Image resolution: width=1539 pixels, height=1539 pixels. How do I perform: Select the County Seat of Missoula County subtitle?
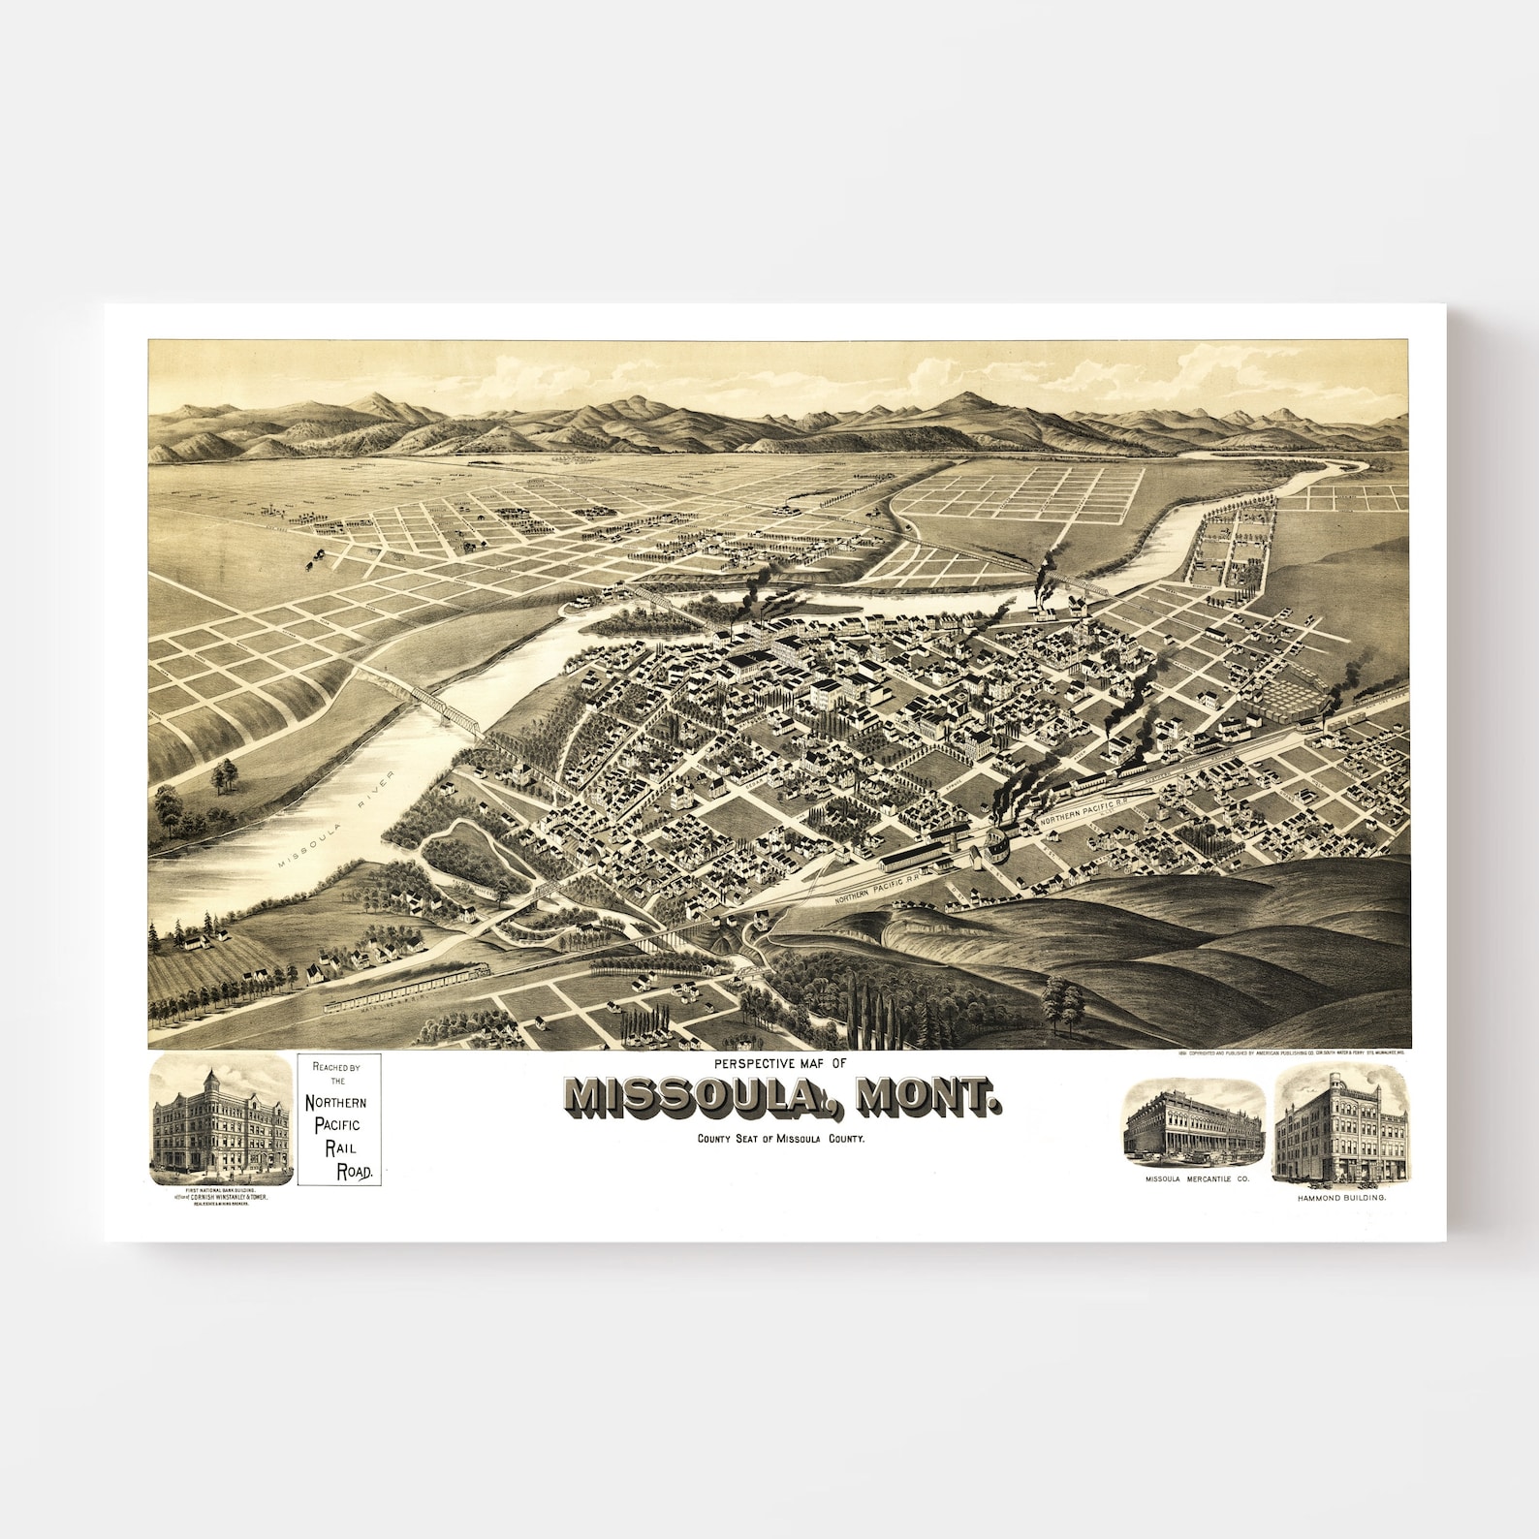click(x=779, y=1140)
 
